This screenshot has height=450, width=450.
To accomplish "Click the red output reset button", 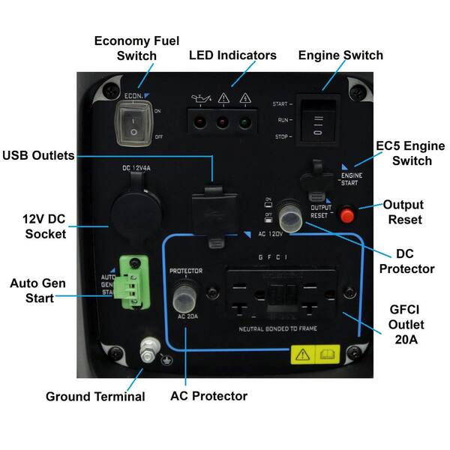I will pyautogui.click(x=346, y=215).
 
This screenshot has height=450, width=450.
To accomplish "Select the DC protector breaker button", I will pyautogui.click(x=291, y=217).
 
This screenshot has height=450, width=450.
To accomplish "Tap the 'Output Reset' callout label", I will pyautogui.click(x=403, y=212).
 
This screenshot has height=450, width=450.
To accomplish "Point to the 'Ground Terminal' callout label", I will pyautogui.click(x=95, y=396).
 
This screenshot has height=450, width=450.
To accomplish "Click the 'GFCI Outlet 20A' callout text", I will pyautogui.click(x=406, y=325).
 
